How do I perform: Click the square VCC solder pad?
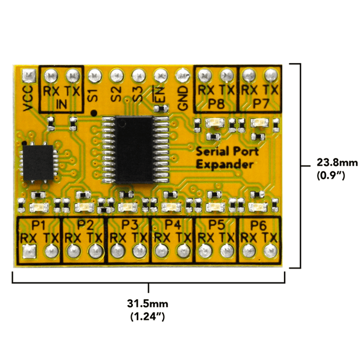click(29, 75)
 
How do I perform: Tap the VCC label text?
click(28, 98)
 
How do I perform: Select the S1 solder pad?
click(95, 75)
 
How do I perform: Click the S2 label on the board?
click(116, 94)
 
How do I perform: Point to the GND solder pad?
click(183, 75)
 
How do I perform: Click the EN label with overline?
click(160, 94)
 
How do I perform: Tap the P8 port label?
click(216, 104)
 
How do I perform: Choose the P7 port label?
click(261, 104)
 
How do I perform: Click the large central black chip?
click(135, 150)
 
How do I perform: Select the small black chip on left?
click(38, 162)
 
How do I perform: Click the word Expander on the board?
click(225, 165)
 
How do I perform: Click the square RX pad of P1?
click(29, 251)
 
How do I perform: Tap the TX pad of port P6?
click(271, 251)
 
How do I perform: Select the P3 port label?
click(129, 225)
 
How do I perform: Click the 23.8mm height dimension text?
click(337, 162)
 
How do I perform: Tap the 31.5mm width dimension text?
click(147, 304)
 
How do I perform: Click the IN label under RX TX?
click(61, 104)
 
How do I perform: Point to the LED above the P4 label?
click(171, 207)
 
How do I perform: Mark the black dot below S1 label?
click(94, 113)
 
